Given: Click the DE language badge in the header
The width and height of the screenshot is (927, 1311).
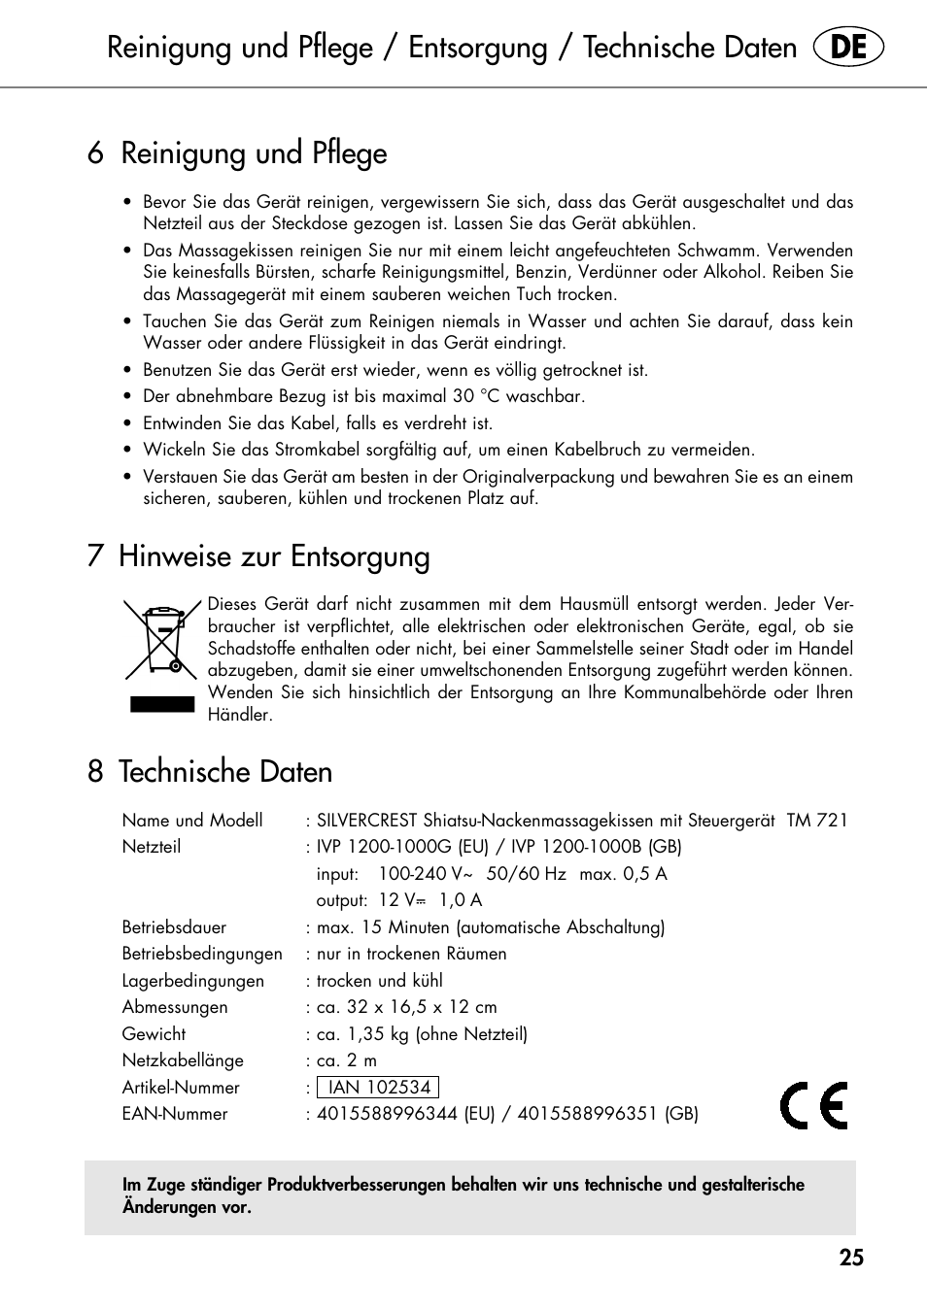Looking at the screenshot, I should (x=848, y=48).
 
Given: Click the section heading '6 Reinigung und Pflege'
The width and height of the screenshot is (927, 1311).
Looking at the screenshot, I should (x=237, y=153).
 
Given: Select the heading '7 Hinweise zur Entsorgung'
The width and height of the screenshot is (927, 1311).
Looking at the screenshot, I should (x=258, y=556).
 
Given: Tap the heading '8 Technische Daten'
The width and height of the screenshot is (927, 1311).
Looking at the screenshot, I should (x=210, y=772).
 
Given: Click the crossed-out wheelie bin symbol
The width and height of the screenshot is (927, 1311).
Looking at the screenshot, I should (x=161, y=639).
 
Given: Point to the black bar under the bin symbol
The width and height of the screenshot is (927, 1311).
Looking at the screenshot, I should (x=162, y=704).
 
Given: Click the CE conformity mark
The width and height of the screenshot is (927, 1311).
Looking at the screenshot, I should (x=814, y=1105).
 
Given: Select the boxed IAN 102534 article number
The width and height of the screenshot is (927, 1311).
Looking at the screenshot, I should (x=378, y=1088).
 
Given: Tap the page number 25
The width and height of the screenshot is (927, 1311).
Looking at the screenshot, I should (x=851, y=1258).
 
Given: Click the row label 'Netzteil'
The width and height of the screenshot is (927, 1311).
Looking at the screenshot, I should (x=152, y=847).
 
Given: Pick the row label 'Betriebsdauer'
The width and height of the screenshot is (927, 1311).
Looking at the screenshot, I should (x=174, y=927).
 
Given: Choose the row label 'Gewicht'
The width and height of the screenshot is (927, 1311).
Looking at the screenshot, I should (x=154, y=1034).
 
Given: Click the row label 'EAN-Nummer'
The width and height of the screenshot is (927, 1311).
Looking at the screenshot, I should (x=175, y=1114).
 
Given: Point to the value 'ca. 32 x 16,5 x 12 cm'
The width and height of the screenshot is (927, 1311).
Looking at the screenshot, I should (x=407, y=1007).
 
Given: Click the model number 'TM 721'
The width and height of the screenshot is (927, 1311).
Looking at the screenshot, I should (x=816, y=821).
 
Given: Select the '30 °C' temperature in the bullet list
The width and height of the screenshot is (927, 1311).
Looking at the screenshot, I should (x=476, y=396).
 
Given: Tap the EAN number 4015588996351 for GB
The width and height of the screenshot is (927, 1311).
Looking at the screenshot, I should (x=587, y=1114).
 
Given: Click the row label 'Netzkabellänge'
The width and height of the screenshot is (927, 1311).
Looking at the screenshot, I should (x=183, y=1060).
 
